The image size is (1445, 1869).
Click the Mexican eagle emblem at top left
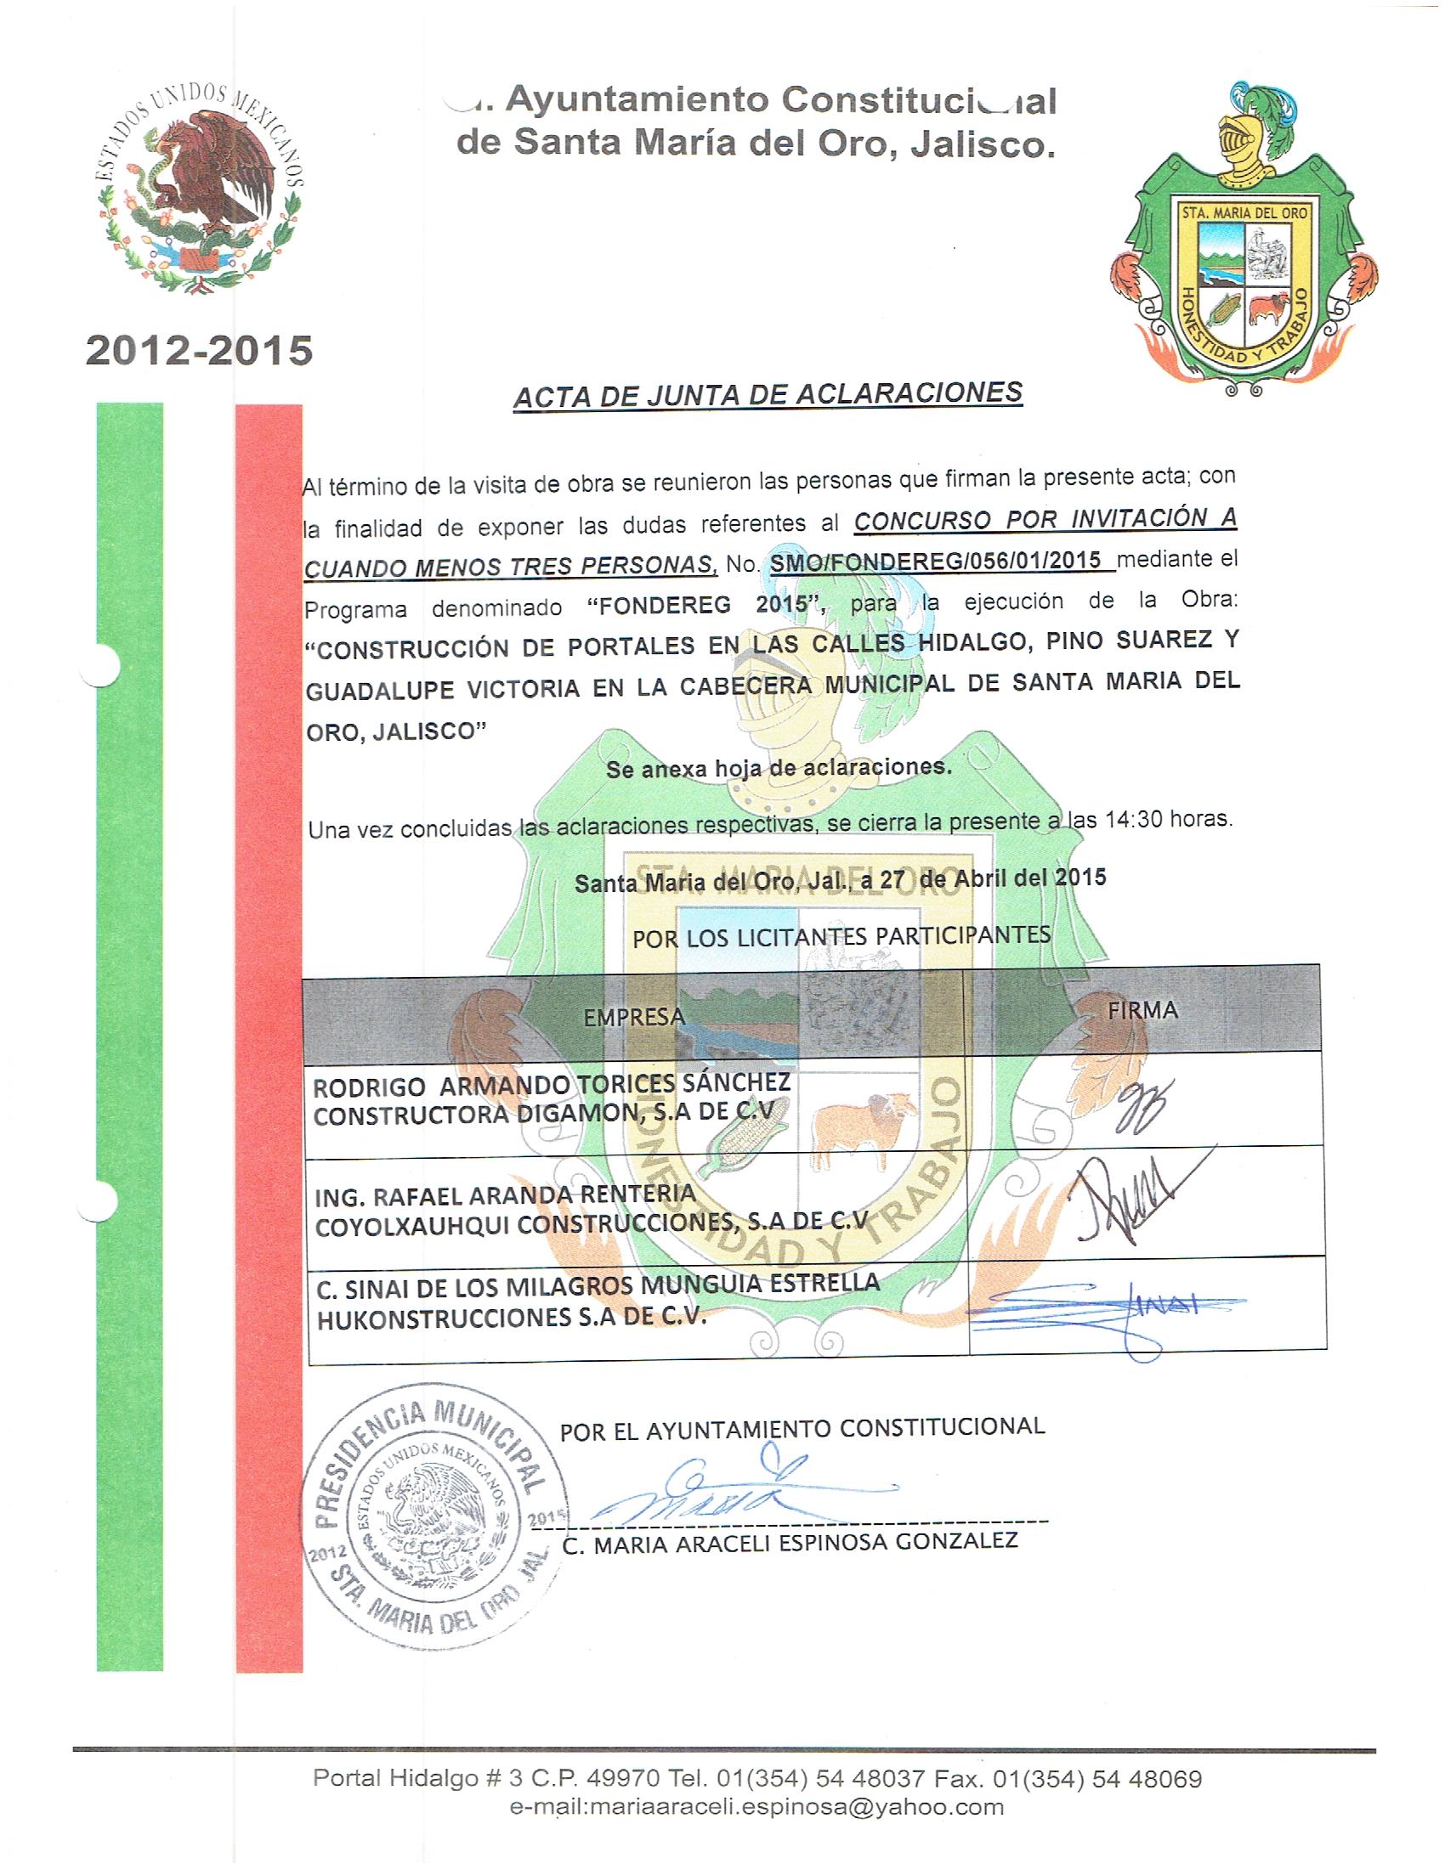(199, 191)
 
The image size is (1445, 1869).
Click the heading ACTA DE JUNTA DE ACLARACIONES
(767, 394)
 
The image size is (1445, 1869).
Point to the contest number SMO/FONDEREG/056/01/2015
(935, 562)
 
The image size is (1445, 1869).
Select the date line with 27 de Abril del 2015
(840, 879)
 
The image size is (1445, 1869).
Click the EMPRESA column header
(634, 1016)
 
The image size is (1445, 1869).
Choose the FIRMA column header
(1142, 1010)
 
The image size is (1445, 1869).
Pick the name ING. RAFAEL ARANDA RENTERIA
(506, 1194)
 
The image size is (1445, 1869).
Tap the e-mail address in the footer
(756, 1807)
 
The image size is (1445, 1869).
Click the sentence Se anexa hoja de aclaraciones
(778, 768)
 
